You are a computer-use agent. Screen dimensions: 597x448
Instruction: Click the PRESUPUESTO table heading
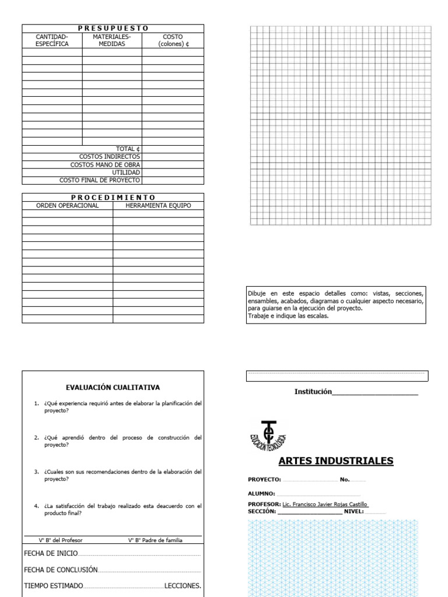[x=113, y=28]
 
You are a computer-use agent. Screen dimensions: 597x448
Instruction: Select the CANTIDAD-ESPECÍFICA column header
[x=52, y=40]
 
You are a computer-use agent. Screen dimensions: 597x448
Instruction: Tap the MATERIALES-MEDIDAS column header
[x=111, y=40]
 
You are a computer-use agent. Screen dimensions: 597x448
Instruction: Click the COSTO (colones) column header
[x=173, y=40]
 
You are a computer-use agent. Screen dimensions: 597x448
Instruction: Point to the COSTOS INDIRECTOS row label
[x=110, y=157]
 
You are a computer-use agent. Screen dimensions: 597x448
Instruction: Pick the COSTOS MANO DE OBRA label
[x=106, y=165]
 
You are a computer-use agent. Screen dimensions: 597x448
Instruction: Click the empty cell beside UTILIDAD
[x=173, y=173]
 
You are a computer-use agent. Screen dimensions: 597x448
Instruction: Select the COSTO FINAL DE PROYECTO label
[x=100, y=181]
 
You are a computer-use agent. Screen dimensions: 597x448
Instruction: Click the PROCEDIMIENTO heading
[x=113, y=197]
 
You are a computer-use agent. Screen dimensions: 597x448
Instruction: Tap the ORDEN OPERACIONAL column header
[x=68, y=205]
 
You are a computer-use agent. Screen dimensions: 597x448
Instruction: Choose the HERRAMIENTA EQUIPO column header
[x=159, y=205]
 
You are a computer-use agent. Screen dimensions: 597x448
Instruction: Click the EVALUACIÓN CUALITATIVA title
[x=113, y=387]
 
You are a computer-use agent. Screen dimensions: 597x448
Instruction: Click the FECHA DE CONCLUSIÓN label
[x=61, y=570]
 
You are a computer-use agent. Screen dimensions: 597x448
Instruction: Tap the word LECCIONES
[x=183, y=585]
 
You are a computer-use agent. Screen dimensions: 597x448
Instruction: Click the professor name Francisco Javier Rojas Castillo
[x=325, y=504]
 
